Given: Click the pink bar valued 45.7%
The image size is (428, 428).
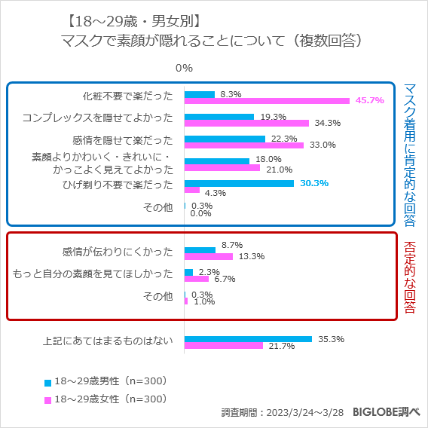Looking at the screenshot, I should click(x=267, y=100).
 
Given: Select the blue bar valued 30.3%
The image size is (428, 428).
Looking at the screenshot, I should click(x=239, y=183).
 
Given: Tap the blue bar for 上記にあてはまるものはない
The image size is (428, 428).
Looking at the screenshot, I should click(x=248, y=339).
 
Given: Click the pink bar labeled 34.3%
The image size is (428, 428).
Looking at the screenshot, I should click(x=246, y=123).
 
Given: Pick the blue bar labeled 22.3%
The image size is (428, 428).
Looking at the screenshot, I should click(x=225, y=139).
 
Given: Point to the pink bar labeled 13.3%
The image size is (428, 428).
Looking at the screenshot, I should click(x=209, y=256).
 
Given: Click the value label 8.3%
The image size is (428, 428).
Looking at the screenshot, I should click(x=231, y=94).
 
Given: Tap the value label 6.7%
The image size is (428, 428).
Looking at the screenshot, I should click(x=225, y=279).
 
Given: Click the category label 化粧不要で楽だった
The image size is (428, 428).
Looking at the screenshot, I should click(x=128, y=96).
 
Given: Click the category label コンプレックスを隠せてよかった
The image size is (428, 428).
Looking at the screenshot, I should click(x=98, y=118).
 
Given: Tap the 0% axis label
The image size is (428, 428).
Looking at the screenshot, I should click(x=184, y=68).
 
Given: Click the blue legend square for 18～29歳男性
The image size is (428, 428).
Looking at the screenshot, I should click(x=47, y=381).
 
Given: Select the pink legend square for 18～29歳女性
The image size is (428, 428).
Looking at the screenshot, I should click(x=47, y=399).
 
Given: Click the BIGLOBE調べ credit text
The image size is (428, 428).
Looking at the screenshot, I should click(x=387, y=412).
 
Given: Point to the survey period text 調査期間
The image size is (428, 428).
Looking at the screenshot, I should click(x=283, y=413).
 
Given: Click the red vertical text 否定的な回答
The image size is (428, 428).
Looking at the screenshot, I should click(x=410, y=278).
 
